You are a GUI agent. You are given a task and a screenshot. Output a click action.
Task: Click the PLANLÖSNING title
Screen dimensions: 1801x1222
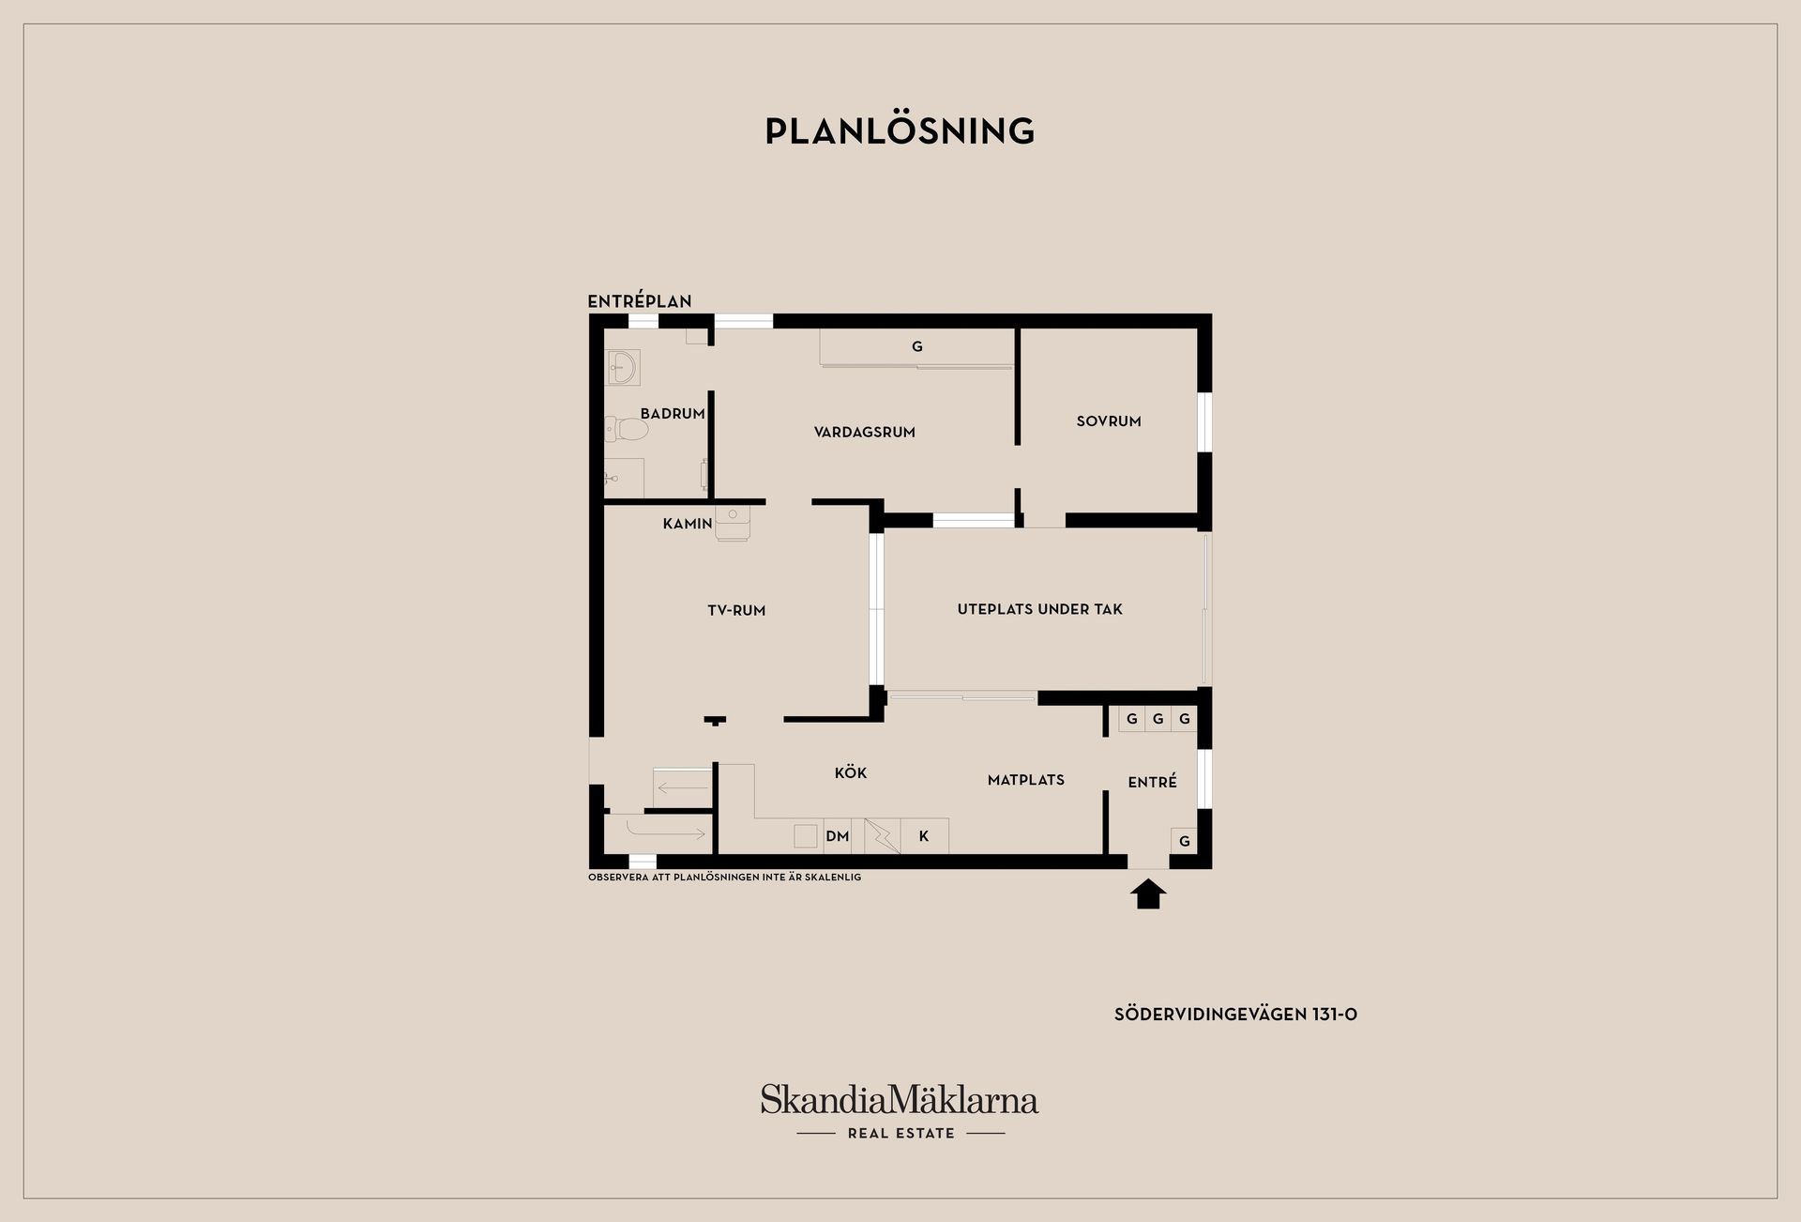click(900, 130)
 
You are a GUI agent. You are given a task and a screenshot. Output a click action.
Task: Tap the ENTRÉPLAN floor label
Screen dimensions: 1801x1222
click(640, 301)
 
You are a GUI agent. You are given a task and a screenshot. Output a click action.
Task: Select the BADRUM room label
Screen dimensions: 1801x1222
click(673, 414)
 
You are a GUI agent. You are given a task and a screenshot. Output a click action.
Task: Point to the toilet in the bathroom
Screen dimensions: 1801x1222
click(627, 430)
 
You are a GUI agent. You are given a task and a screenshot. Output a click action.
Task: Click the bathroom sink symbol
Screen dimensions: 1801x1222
click(623, 367)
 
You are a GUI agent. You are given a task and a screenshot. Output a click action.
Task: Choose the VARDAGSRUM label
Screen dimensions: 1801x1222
click(865, 433)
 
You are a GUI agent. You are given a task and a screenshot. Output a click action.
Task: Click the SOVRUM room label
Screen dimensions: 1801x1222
click(1109, 421)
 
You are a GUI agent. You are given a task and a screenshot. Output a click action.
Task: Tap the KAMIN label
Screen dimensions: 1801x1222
click(688, 524)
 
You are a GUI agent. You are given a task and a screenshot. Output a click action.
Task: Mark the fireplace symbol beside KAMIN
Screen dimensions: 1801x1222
click(733, 524)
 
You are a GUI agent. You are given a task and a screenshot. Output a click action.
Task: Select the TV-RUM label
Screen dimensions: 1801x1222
click(736, 611)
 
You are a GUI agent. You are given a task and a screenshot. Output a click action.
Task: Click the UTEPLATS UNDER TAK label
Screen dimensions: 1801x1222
click(1040, 609)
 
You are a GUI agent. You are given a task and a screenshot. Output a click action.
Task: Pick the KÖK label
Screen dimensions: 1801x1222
click(851, 772)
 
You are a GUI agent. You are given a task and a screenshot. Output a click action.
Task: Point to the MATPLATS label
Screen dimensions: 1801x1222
click(1026, 780)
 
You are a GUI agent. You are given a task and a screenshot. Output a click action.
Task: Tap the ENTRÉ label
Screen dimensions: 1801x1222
click(1153, 782)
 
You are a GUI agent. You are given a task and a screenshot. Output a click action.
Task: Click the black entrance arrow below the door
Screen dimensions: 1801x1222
click(1149, 894)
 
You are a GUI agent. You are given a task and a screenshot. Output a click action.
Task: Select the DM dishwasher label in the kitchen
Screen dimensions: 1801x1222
click(838, 836)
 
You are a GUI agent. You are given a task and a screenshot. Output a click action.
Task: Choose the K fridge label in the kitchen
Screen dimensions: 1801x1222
click(924, 836)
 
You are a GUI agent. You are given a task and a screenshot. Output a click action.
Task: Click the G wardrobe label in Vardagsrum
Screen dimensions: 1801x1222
click(917, 346)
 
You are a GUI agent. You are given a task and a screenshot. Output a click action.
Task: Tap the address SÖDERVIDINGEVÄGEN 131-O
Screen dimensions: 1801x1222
click(1235, 1015)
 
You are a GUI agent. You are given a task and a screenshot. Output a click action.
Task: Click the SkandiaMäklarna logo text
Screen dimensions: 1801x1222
click(900, 1099)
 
